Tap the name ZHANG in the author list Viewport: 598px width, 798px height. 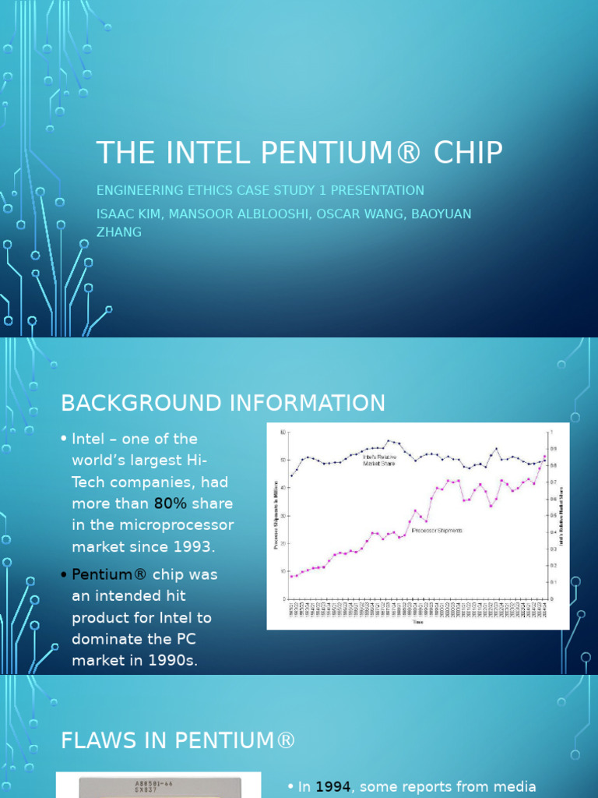tap(118, 231)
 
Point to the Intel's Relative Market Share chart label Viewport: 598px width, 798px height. tap(381, 460)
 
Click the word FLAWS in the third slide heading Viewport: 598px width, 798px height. tap(97, 741)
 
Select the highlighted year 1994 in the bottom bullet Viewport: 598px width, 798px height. tap(333, 787)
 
